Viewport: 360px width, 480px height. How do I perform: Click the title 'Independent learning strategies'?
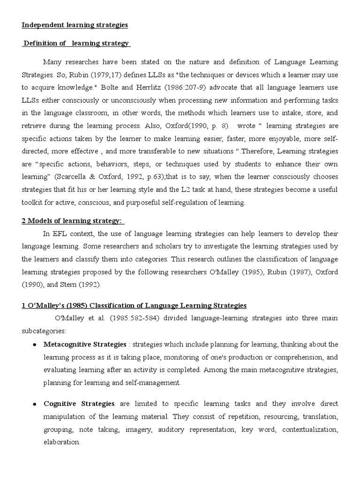click(x=75, y=25)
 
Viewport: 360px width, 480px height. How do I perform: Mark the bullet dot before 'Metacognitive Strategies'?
click(x=36, y=345)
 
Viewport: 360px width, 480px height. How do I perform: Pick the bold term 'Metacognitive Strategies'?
click(x=85, y=344)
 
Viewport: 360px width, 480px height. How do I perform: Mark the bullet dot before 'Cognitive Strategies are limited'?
click(x=36, y=404)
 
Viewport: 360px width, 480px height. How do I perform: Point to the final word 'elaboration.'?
click(x=62, y=442)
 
